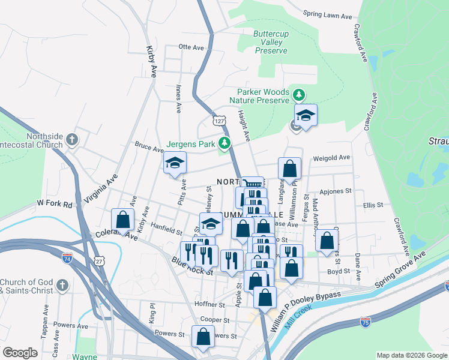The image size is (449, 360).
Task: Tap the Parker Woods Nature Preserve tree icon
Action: click(298, 94)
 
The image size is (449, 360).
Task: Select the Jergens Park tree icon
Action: click(224, 143)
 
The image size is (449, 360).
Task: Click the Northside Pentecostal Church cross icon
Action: click(72, 140)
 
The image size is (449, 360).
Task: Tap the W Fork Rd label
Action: click(54, 205)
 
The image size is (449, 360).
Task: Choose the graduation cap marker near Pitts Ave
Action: click(175, 163)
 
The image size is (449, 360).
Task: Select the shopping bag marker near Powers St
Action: click(203, 336)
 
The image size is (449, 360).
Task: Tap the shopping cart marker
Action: click(252, 184)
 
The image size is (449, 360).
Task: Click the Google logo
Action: click(20, 353)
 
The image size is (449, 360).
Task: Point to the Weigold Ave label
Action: click(331, 158)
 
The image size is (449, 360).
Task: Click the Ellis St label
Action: click(373, 205)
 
